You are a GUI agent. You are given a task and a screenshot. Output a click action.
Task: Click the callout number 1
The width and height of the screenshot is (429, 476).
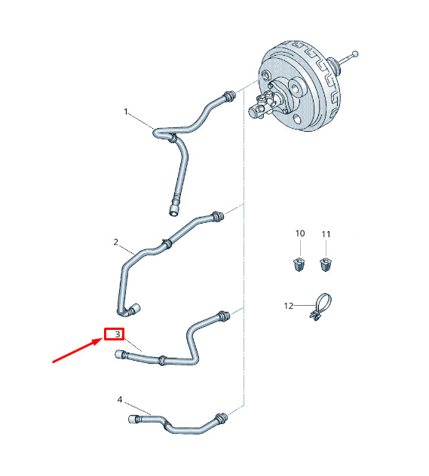tap(126, 111)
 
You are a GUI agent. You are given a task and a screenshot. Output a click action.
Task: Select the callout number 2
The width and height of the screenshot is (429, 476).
tap(116, 242)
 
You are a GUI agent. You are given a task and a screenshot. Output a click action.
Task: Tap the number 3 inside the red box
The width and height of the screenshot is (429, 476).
tap(118, 334)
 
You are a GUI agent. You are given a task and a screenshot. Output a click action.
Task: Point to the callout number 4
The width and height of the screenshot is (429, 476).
tap(120, 399)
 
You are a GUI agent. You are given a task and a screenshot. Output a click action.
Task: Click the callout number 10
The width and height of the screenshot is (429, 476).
tap(300, 233)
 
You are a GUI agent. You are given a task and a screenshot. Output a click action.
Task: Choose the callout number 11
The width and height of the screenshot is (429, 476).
tap(326, 234)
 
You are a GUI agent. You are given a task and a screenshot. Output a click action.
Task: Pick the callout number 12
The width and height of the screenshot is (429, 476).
tap(289, 306)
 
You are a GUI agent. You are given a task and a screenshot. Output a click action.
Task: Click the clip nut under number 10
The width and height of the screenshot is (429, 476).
tap(299, 264)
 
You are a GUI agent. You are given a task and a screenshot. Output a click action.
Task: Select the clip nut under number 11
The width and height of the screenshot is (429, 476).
tap(326, 264)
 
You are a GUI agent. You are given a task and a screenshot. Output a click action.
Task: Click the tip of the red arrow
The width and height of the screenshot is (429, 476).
tap(102, 340)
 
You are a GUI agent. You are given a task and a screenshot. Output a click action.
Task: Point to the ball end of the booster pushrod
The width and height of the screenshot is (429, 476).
tap(355, 54)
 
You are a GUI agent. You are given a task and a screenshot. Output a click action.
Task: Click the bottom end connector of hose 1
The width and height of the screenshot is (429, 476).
tap(174, 210)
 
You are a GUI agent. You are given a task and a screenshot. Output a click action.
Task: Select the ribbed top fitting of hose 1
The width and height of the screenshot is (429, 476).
tap(230, 96)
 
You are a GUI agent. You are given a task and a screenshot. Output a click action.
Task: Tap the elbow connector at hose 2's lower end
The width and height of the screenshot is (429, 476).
tap(133, 310)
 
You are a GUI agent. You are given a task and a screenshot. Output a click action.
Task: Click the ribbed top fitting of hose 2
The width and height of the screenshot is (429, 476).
tap(218, 216)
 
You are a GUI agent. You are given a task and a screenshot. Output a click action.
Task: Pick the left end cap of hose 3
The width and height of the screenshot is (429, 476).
tap(120, 354)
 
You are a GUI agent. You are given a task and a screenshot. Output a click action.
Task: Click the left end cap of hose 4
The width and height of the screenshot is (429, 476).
tap(133, 420)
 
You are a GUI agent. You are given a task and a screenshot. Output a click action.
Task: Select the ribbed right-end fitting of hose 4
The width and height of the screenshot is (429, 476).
tap(221, 418)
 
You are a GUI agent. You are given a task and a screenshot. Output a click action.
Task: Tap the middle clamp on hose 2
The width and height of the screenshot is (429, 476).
tap(167, 243)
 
